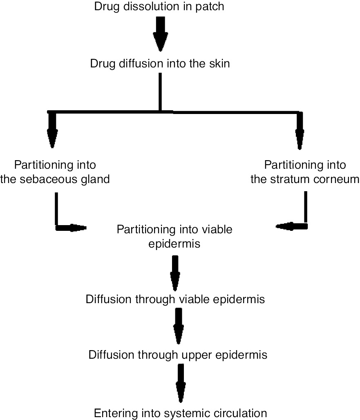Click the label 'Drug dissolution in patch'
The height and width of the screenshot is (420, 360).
159,7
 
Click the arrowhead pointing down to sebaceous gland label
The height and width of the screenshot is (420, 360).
52,139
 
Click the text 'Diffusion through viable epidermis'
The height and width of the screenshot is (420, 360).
176,299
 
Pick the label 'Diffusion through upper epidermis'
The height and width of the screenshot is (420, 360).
178,355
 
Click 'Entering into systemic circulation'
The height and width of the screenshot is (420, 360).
180,413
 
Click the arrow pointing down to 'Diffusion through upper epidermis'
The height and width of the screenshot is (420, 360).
178,327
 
